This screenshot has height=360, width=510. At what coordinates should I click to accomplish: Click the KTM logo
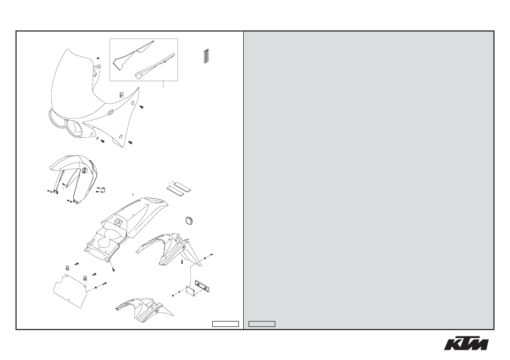(466, 343)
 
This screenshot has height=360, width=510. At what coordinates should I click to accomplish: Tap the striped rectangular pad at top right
(206, 56)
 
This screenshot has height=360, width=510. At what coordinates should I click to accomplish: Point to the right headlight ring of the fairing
(74, 129)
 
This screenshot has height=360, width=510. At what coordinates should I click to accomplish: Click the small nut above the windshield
(98, 58)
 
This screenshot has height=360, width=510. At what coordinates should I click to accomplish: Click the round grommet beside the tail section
(189, 220)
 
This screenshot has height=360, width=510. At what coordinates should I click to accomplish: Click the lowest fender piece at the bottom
(145, 309)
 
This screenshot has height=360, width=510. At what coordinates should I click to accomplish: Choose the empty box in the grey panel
(262, 324)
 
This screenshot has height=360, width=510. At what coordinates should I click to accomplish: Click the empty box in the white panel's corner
(226, 324)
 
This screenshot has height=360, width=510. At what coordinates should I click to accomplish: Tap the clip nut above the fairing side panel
(120, 94)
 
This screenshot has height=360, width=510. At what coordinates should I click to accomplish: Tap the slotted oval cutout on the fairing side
(110, 112)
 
